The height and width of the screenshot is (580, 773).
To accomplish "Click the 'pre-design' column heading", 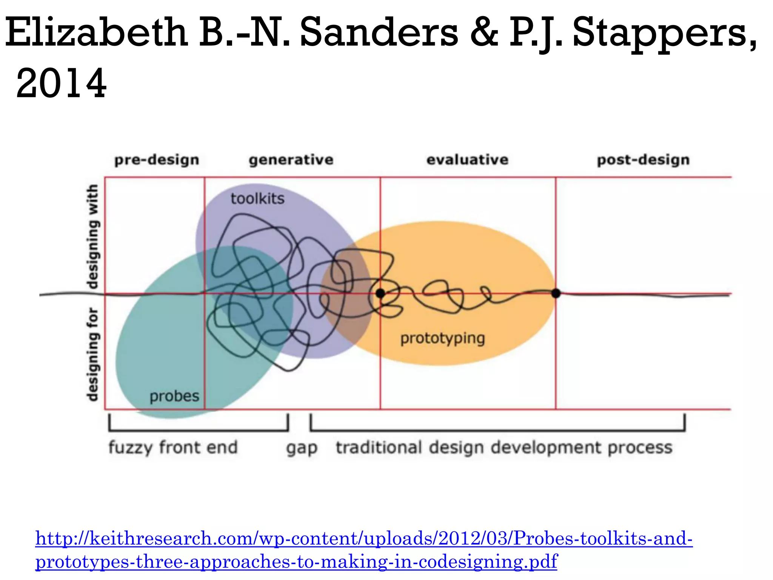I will point(157,160).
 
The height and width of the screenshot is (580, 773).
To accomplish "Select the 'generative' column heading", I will point(291,160).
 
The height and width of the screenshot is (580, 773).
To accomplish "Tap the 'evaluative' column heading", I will point(467,160).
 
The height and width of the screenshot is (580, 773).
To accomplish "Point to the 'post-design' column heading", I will point(643,160).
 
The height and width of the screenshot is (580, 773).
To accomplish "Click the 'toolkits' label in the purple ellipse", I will point(257,199).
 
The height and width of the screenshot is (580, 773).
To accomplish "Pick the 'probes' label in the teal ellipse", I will point(174,396).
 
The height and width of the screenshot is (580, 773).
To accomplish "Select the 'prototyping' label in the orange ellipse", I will point(442,339).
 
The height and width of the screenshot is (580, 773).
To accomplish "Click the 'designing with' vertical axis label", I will point(93,236).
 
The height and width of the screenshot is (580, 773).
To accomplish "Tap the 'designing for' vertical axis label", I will point(93,354).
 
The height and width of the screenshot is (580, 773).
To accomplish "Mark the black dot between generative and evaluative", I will point(380,293).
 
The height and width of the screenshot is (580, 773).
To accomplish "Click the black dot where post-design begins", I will point(556,293).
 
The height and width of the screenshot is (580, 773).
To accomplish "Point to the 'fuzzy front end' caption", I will point(173,447).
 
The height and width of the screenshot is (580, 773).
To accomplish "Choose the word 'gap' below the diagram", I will point(302,449).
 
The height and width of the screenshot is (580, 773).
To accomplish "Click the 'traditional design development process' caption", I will point(504,448).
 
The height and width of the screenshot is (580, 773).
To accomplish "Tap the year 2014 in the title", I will point(62,83).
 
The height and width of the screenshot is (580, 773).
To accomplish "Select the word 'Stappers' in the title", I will point(664,34).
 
